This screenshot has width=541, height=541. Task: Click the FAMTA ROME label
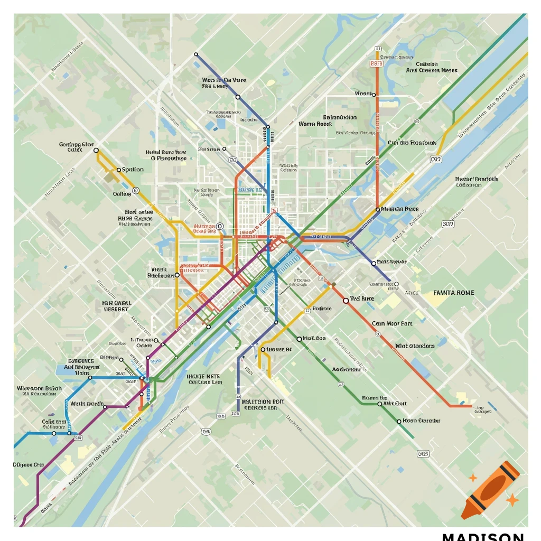(x=453, y=293)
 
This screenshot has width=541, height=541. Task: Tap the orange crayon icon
(x=490, y=489)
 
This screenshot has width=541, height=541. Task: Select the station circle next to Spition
(x=118, y=170)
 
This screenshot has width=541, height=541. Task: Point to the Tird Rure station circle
(x=346, y=300)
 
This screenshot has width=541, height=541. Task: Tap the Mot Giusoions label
(x=415, y=346)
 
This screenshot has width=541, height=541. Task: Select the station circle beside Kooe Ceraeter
(x=399, y=421)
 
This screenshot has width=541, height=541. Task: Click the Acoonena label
(x=346, y=370)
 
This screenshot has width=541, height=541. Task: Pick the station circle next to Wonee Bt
(x=263, y=349)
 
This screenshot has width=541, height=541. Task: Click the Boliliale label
(x=322, y=309)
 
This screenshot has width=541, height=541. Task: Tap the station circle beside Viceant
(x=374, y=95)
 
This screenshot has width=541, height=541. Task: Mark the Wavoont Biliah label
(x=39, y=388)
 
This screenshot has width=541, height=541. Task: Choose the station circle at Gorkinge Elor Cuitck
(x=96, y=151)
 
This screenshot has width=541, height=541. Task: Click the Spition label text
(x=133, y=170)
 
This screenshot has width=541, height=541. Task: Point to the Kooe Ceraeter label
(x=421, y=421)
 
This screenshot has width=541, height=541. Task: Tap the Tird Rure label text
(x=362, y=299)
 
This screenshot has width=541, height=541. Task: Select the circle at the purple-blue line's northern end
(x=196, y=54)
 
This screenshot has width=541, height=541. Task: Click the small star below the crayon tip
(x=511, y=499)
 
